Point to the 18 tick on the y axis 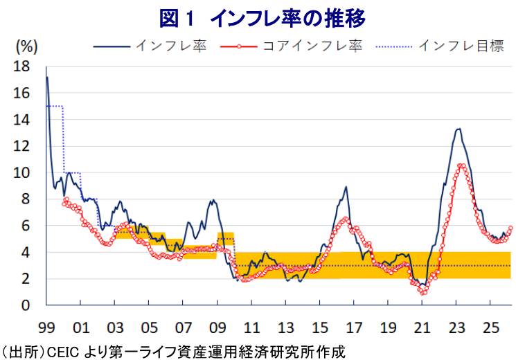[21, 66]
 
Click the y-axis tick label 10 [21, 172]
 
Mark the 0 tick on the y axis [25, 305]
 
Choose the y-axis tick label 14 [21, 120]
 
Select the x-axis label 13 [285, 325]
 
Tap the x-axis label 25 [490, 325]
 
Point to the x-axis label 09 [217, 325]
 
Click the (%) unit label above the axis [26, 47]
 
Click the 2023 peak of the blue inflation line [459, 129]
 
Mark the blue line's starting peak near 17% [46, 77]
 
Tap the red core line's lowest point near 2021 [423, 293]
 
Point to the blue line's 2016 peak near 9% [345, 187]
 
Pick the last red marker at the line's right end [511, 228]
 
